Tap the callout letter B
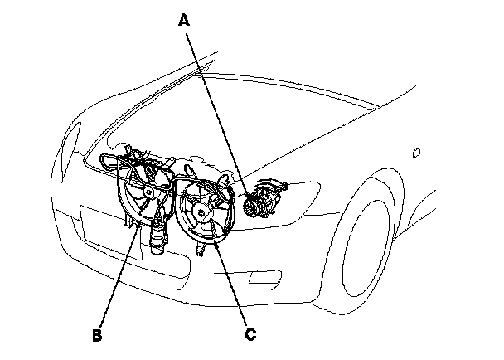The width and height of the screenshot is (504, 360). (98, 336)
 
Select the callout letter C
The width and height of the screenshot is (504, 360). (250, 335)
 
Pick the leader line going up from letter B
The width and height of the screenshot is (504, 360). (116, 274)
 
